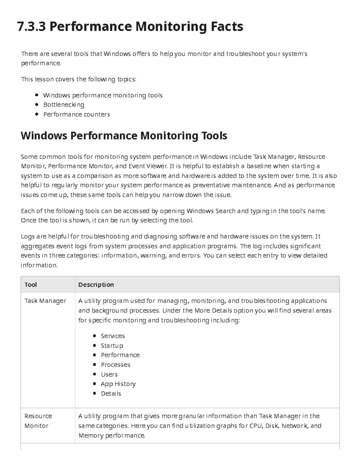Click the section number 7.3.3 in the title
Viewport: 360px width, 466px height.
point(31,27)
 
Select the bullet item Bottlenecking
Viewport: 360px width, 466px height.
point(64,105)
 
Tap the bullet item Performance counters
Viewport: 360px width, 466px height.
point(76,114)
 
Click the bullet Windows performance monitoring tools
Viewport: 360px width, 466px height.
point(103,95)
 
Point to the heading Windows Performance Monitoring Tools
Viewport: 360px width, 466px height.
point(124,136)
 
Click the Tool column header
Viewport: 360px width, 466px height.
point(31,285)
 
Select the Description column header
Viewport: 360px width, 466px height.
point(96,285)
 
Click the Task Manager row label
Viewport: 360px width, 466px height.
point(45,301)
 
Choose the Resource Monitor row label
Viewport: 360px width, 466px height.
point(38,421)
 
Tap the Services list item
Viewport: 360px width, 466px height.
point(112,336)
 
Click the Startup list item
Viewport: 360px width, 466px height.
point(112,346)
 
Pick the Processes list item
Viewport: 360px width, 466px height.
point(115,365)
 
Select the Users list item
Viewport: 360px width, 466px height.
point(109,374)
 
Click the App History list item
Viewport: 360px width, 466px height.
point(118,384)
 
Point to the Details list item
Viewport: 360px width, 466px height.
point(111,394)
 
